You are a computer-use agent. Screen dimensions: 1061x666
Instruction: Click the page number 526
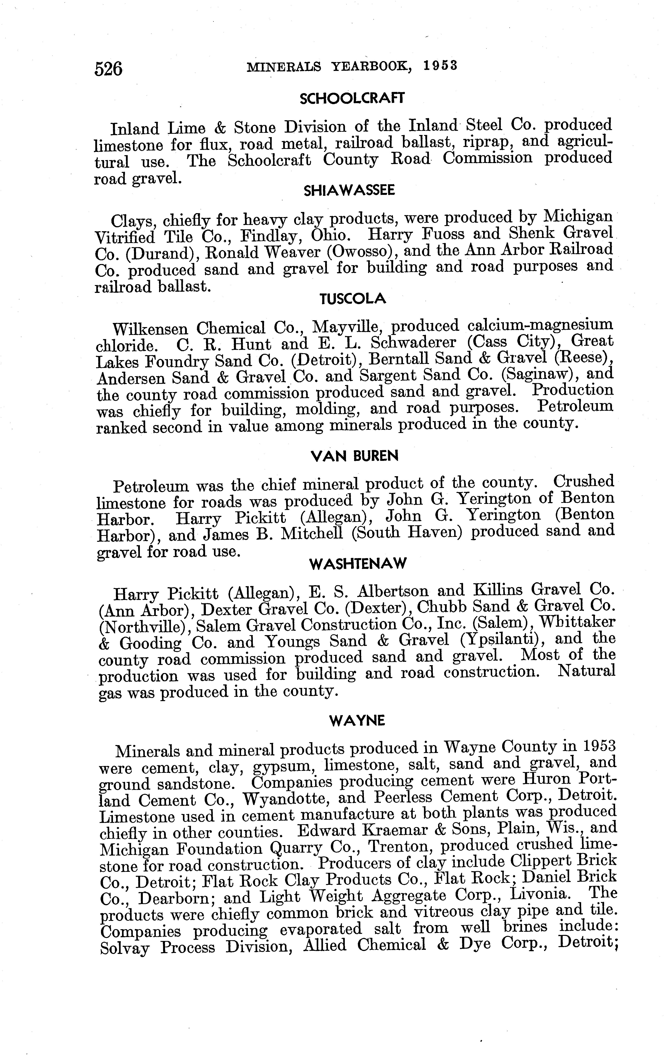[x=108, y=69]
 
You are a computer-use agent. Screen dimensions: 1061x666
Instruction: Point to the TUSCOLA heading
[x=353, y=299]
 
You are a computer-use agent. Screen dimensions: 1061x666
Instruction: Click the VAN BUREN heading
[x=355, y=456]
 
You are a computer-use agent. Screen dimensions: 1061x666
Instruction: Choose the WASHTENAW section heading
[x=358, y=564]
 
